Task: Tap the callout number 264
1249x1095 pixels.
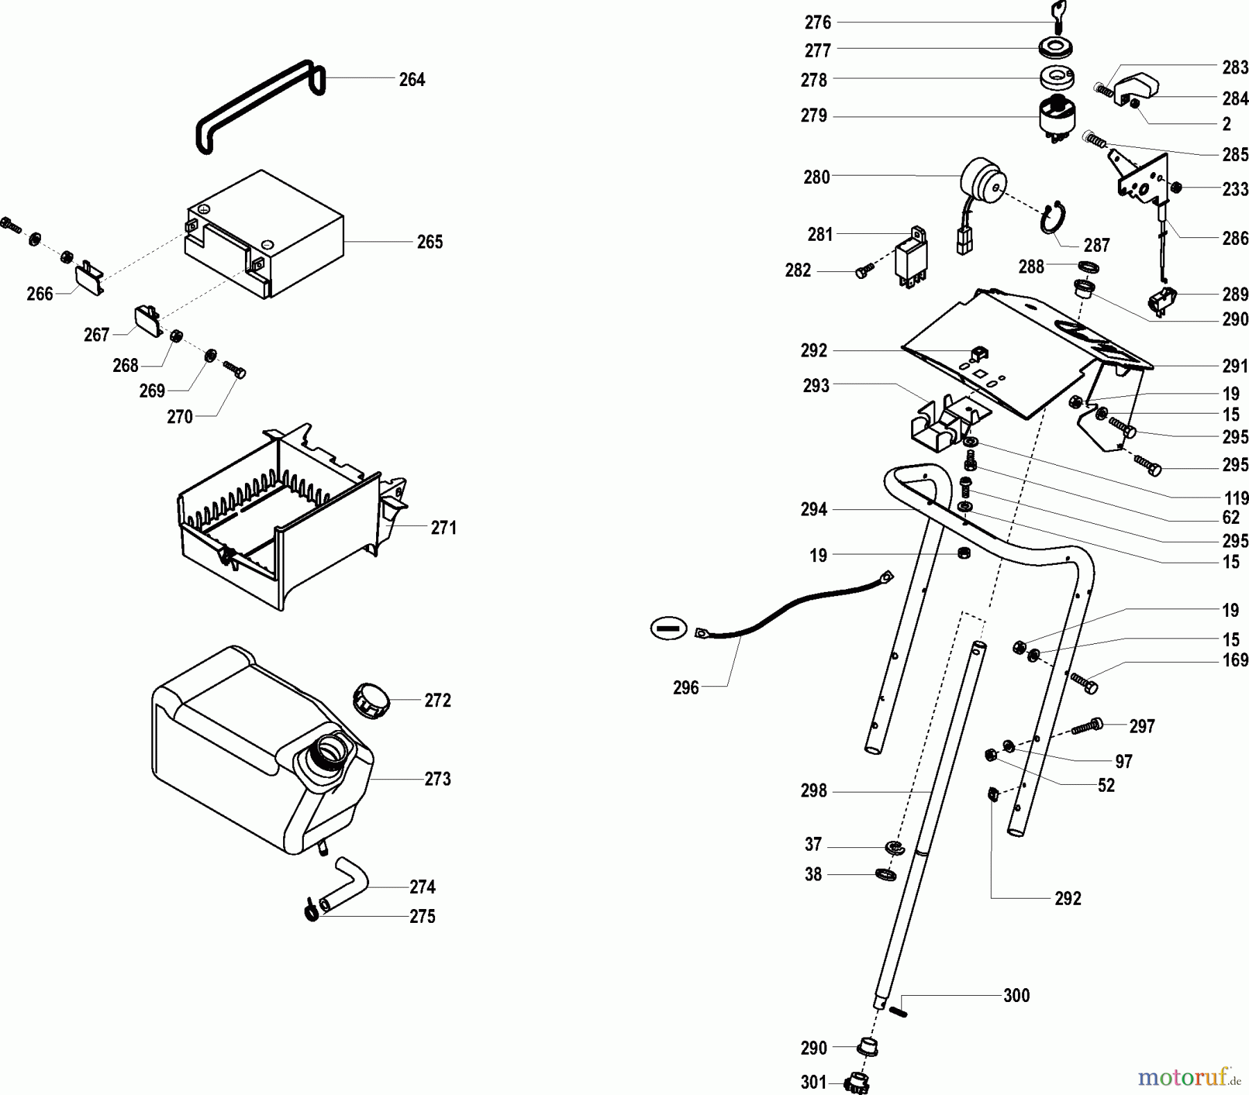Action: (x=411, y=80)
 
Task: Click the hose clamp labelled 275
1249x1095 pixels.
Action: (x=312, y=910)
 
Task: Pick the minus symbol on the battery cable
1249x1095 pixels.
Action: (x=668, y=629)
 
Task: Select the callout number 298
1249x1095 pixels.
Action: (x=814, y=791)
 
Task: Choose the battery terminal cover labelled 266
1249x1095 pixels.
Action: (x=89, y=277)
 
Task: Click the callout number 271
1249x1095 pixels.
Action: (x=443, y=528)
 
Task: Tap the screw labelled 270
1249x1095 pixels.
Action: (x=235, y=368)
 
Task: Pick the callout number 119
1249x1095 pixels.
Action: (x=1236, y=498)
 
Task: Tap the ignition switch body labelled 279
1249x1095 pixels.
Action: (x=1059, y=120)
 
